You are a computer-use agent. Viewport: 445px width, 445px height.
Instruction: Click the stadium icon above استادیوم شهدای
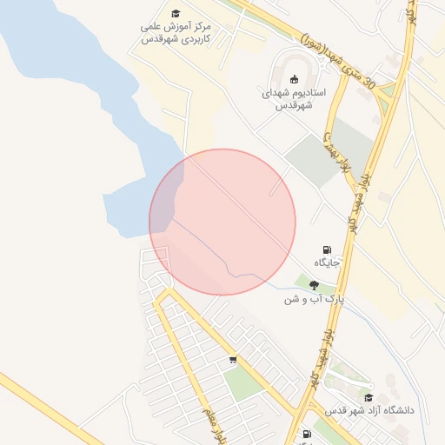pyautogui.click(x=293, y=76)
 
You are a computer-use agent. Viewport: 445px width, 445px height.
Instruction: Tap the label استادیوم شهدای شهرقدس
pyautogui.click(x=294, y=98)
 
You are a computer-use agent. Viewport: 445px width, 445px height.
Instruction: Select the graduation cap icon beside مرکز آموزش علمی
pyautogui.click(x=176, y=14)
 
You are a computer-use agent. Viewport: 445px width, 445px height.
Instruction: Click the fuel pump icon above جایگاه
pyautogui.click(x=327, y=249)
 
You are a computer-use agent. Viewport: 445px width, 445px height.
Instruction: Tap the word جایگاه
pyautogui.click(x=327, y=262)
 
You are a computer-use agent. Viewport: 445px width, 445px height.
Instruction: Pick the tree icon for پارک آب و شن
pyautogui.click(x=314, y=284)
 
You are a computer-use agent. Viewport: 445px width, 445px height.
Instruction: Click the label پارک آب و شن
pyautogui.click(x=314, y=299)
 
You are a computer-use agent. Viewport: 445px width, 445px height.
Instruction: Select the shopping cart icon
pyautogui.click(x=233, y=359)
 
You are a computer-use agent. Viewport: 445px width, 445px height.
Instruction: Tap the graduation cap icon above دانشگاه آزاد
pyautogui.click(x=369, y=397)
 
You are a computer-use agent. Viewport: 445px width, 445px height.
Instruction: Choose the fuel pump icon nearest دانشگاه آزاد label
pyautogui.click(x=306, y=434)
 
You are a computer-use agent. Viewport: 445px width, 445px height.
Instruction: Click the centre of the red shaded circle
pyautogui.click(x=222, y=222)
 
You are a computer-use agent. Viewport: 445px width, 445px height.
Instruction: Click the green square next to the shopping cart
pyautogui.click(x=243, y=382)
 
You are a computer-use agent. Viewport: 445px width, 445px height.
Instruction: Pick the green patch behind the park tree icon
pyautogui.click(x=304, y=282)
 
